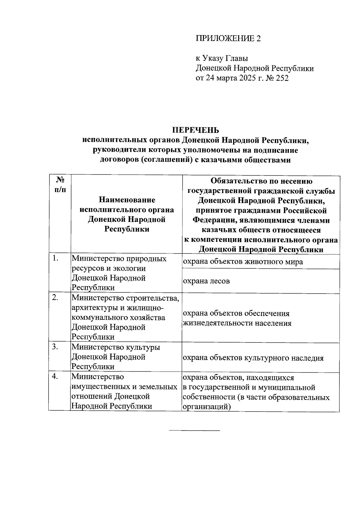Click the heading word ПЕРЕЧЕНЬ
point(195,130)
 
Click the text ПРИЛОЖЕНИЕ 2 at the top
point(228,38)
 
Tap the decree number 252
point(282,78)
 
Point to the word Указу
point(218,58)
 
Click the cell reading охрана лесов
point(206,281)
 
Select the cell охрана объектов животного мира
point(243,262)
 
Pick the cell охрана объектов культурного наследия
point(253,358)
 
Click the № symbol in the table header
point(60,180)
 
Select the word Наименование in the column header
point(127,200)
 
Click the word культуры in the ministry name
point(143,347)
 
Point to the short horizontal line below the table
point(194,431)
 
